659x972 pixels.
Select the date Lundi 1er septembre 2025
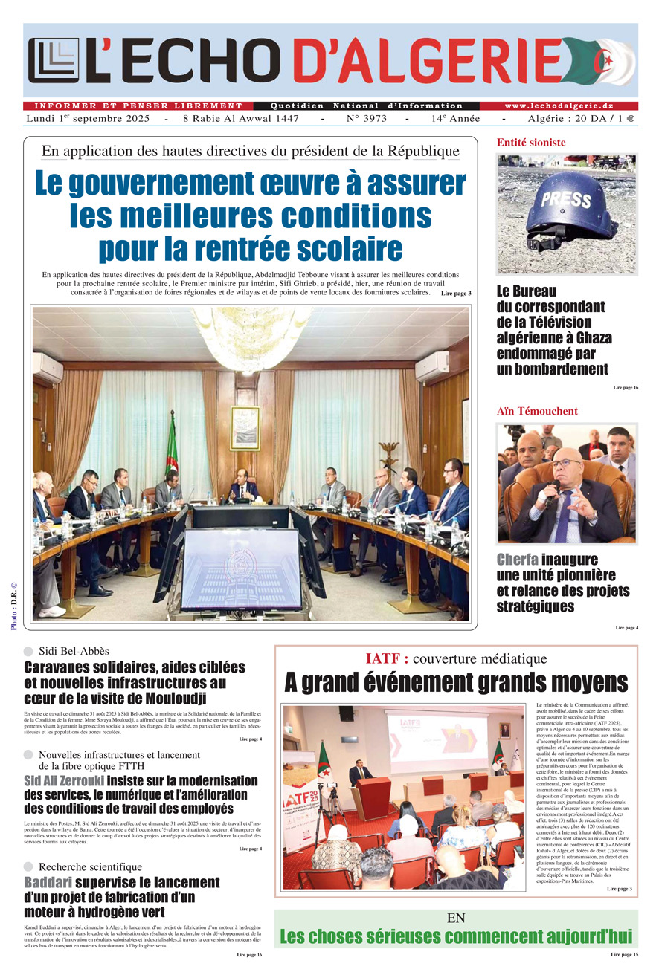(x=88, y=119)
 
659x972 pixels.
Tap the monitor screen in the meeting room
(x=230, y=568)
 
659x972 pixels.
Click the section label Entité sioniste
(x=531, y=143)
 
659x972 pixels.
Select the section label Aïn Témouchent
(x=537, y=411)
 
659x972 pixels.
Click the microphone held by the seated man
(x=553, y=491)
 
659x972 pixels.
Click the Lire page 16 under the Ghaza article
(x=626, y=388)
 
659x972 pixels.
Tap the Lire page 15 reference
(x=624, y=954)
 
